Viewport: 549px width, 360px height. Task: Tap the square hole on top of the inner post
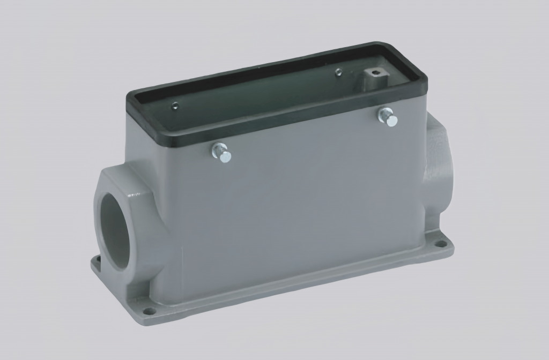tap(374, 72)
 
